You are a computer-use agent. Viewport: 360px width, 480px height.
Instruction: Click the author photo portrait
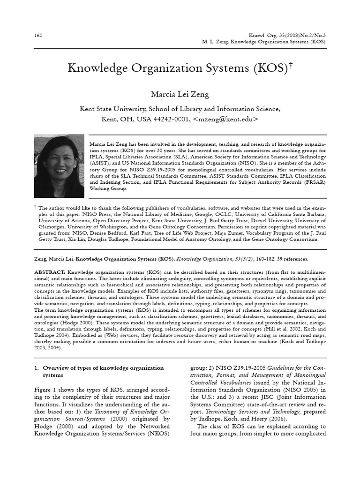click(x=59, y=166)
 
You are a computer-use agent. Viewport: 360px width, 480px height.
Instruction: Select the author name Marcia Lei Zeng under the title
click(x=180, y=95)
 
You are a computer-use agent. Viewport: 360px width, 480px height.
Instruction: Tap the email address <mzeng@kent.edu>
click(x=225, y=119)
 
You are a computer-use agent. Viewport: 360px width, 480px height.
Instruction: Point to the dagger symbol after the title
click(x=291, y=64)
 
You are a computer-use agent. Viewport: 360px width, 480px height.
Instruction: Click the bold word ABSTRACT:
click(x=50, y=272)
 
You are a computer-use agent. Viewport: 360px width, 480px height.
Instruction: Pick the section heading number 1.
click(x=37, y=368)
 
